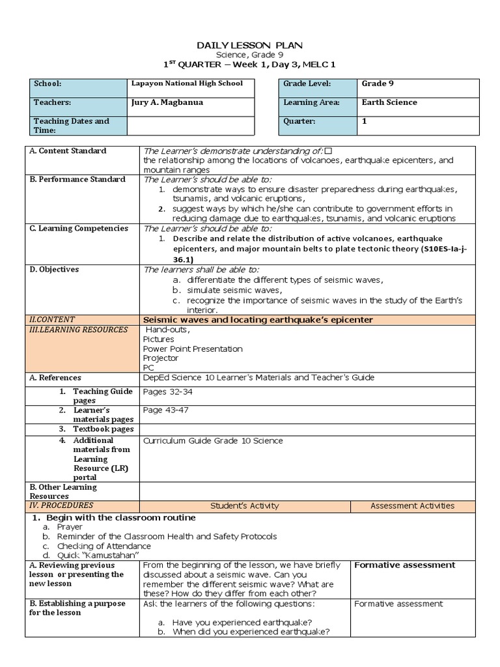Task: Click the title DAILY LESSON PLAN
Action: coord(250,44)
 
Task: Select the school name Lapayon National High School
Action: coord(187,83)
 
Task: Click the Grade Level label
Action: coord(307,84)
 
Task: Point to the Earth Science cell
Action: coord(389,102)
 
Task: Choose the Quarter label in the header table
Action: coord(299,121)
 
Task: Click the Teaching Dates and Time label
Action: coord(72,126)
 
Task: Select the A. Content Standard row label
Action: coord(68,151)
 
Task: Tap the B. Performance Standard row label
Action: coord(77,179)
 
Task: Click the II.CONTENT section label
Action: coord(53,319)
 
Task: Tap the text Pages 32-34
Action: coord(168,391)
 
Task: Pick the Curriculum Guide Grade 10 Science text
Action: coord(213,441)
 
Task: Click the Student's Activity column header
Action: coord(245,505)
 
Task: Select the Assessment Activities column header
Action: coord(412,505)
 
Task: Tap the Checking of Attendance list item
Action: coord(104,546)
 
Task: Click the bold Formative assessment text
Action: coord(404,565)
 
